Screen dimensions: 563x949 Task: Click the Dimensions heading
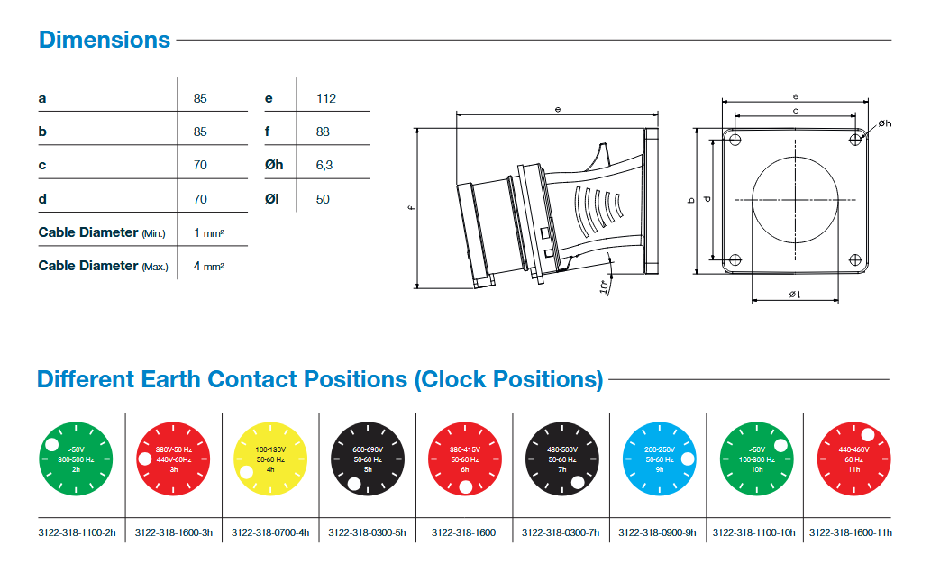(x=104, y=40)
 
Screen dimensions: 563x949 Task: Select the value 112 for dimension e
(x=326, y=98)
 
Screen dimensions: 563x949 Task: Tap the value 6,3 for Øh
(x=325, y=165)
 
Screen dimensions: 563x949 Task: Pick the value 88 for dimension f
(x=324, y=132)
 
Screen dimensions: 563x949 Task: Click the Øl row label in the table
(x=272, y=199)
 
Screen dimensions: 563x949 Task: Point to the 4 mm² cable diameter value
(x=208, y=266)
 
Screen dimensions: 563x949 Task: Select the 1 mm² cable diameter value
(x=208, y=232)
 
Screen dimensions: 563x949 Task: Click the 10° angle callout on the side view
(x=602, y=287)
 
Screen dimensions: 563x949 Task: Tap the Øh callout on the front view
(x=883, y=123)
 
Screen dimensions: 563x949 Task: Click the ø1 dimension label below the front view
(x=795, y=294)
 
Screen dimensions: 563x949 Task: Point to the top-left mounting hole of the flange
(x=735, y=140)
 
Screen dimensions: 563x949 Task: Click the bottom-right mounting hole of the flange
(x=855, y=259)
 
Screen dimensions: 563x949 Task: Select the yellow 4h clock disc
(x=270, y=459)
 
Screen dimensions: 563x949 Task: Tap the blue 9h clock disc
(x=660, y=459)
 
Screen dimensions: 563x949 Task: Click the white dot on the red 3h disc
(x=144, y=459)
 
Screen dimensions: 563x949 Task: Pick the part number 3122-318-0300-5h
(x=367, y=532)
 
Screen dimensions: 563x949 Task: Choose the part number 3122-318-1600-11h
(x=850, y=532)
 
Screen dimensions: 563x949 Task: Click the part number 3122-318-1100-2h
(x=78, y=532)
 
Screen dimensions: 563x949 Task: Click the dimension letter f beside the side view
(x=410, y=210)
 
